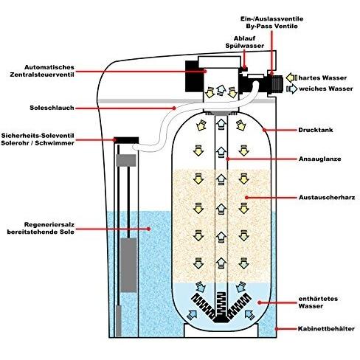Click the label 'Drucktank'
(316, 130)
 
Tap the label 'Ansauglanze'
(319, 159)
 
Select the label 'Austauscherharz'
(327, 198)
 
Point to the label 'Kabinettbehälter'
(326, 329)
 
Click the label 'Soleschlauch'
(52, 108)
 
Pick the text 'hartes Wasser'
(322, 78)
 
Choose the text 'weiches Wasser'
(326, 89)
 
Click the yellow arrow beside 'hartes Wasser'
(291, 78)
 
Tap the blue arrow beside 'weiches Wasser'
(292, 89)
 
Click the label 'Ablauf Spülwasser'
(245, 42)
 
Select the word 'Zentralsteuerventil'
(42, 75)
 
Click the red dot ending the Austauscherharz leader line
(246, 198)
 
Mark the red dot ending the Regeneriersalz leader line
(149, 229)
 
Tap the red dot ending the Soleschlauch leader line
(174, 108)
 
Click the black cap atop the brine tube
(126, 140)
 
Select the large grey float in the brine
(128, 265)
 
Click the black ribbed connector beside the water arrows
(275, 83)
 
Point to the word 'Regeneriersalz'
(49, 225)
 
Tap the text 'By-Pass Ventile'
(271, 26)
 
